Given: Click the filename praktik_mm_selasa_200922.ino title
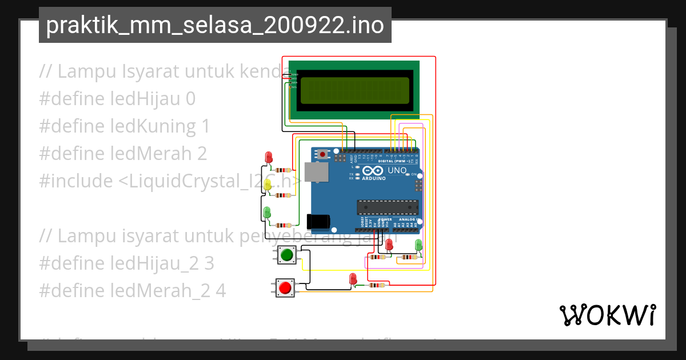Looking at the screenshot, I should point(214,26).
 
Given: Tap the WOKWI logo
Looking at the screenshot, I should point(607,315).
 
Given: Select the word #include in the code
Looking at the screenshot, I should point(76,181).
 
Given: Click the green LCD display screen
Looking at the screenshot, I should point(354,90).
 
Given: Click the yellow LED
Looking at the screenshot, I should point(268,185).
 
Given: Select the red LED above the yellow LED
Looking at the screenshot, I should point(268,157).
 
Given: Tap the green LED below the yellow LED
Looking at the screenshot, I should point(267,212).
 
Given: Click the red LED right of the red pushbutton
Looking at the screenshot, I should point(353,279).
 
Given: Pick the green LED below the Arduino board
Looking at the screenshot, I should point(418,245).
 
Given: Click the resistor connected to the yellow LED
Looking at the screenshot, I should point(282,195).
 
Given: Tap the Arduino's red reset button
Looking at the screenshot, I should point(323,154).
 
